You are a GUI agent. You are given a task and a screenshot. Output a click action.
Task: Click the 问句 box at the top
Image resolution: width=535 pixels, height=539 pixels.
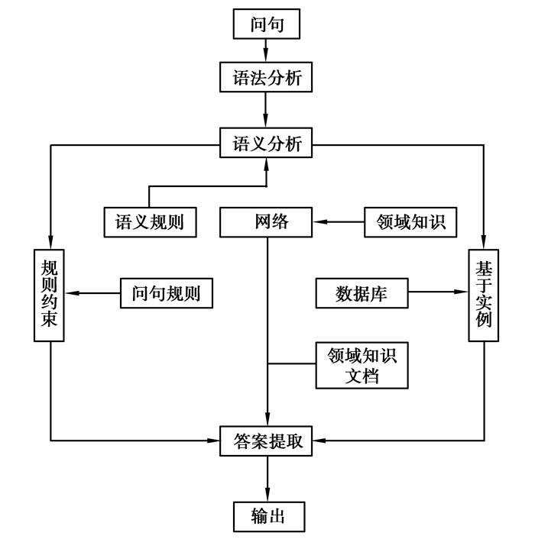[x=266, y=24]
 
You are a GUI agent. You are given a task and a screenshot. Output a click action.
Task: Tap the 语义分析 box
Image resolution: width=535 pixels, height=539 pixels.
[x=266, y=143]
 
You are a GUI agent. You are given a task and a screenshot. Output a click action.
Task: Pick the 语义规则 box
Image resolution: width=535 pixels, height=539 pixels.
[x=149, y=223]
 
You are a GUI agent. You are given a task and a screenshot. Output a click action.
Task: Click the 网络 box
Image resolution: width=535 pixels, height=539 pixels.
[x=266, y=223]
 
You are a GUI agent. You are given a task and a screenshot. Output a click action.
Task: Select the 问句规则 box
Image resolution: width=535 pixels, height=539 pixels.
[x=166, y=292]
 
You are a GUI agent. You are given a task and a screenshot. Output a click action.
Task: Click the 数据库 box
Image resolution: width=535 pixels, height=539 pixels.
[x=362, y=292]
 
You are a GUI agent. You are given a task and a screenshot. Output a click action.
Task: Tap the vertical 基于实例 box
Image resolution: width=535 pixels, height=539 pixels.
[x=483, y=294]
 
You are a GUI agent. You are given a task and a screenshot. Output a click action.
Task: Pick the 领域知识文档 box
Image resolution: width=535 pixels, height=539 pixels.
[x=362, y=365]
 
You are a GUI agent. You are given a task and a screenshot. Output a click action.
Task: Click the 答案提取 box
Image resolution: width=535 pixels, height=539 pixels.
[x=266, y=441]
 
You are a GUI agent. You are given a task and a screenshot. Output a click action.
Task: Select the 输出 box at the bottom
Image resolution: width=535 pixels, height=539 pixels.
[x=266, y=515]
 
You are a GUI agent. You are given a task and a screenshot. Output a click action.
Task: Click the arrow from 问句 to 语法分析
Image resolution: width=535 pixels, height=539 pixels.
[x=266, y=50]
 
